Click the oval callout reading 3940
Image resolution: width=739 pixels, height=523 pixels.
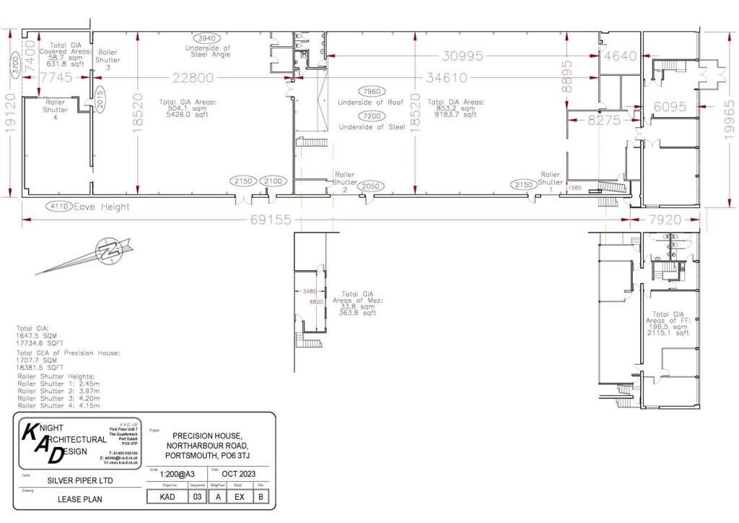(207, 38)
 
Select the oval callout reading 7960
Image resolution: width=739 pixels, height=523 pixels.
(375, 92)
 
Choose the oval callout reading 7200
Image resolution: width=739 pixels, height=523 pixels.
(375, 116)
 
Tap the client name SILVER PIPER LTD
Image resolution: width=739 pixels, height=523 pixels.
(79, 480)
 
